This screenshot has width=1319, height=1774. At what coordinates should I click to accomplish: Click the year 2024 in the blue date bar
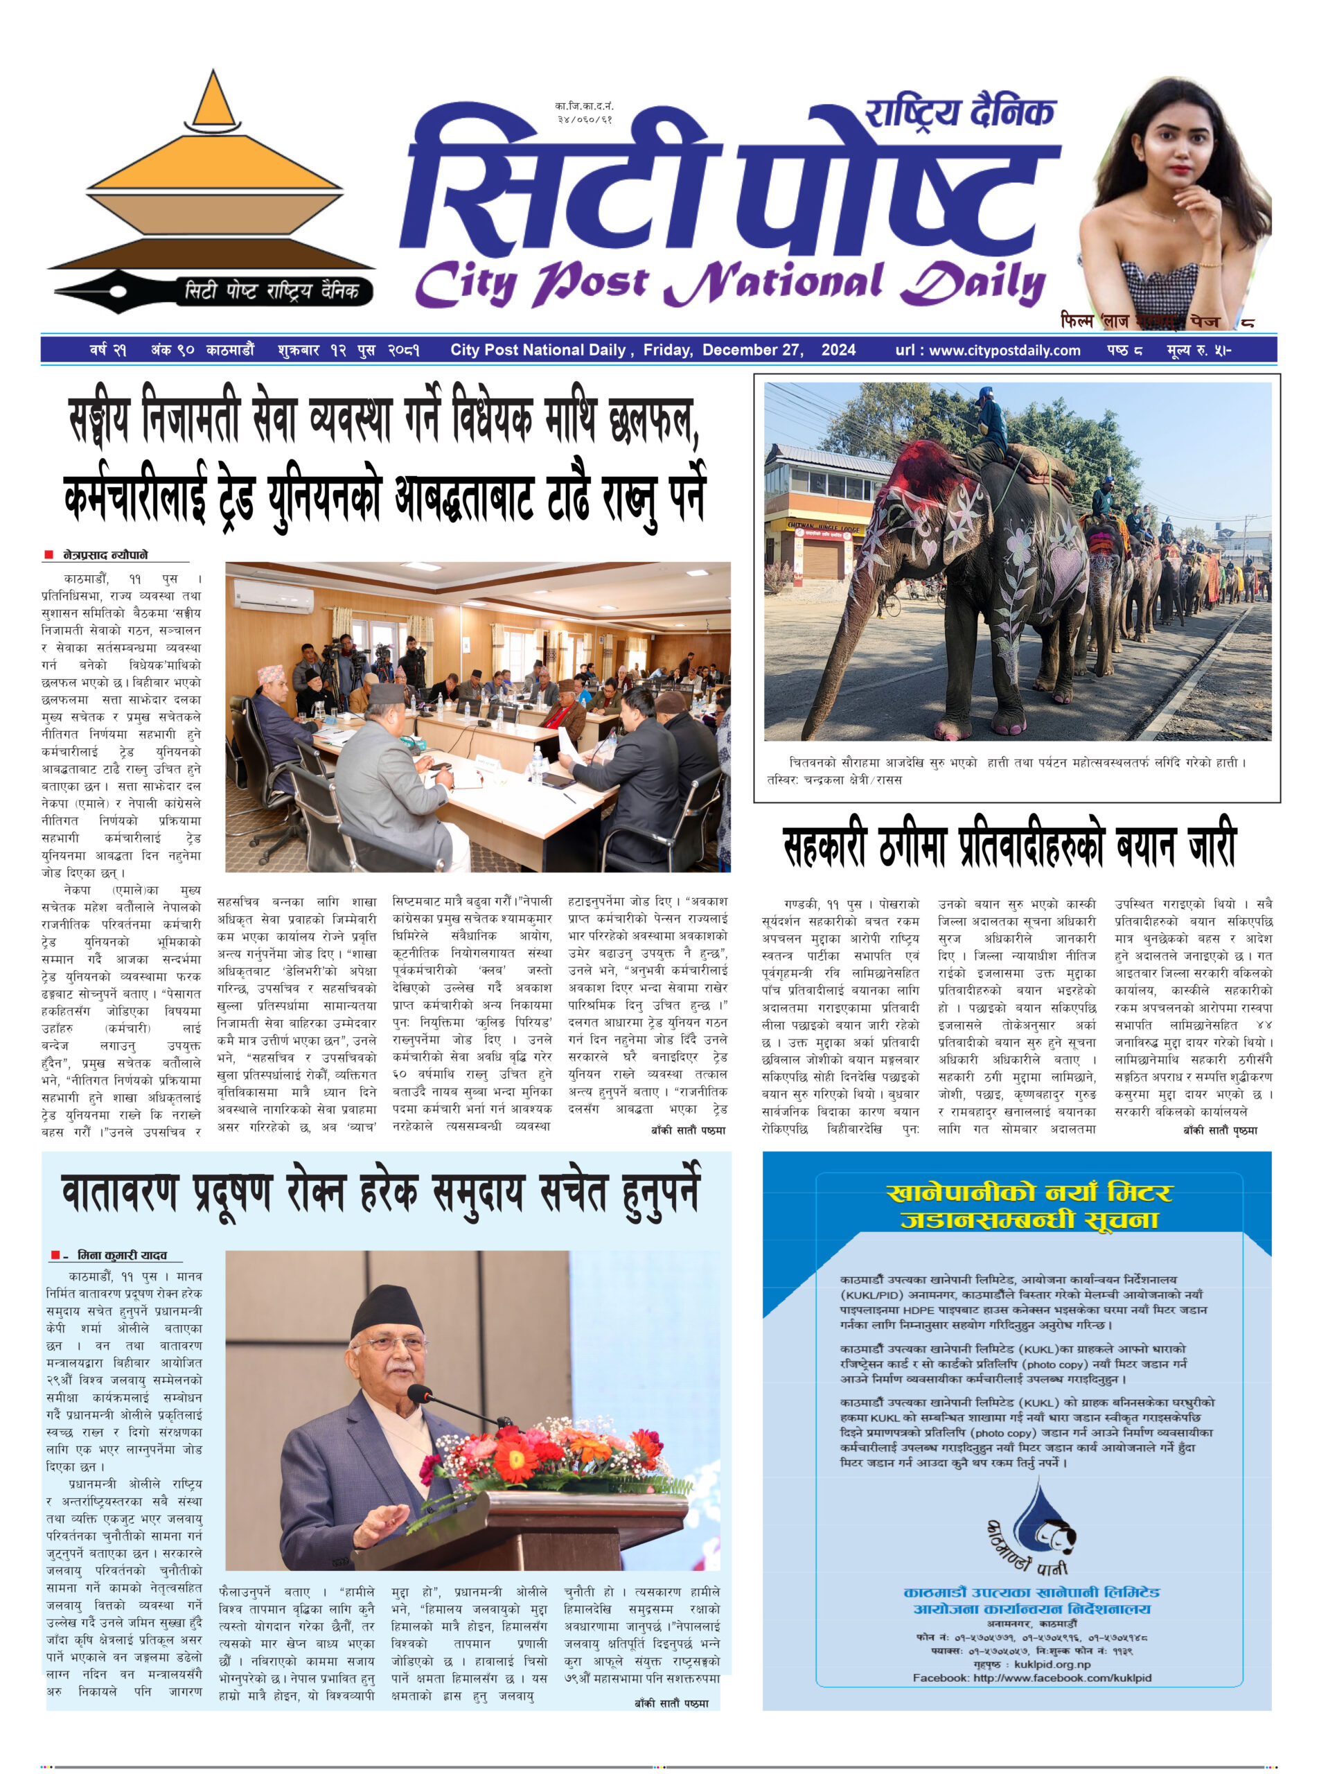click(838, 350)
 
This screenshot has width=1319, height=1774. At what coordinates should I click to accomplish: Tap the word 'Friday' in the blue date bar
click(666, 350)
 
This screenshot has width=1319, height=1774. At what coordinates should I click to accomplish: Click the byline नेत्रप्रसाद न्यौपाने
click(105, 554)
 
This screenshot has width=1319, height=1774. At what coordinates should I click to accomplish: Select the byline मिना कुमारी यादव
click(122, 1255)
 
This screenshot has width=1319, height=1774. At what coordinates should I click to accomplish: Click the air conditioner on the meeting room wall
click(272, 595)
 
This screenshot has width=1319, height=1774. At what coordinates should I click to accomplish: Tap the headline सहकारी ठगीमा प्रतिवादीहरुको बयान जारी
click(1009, 845)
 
